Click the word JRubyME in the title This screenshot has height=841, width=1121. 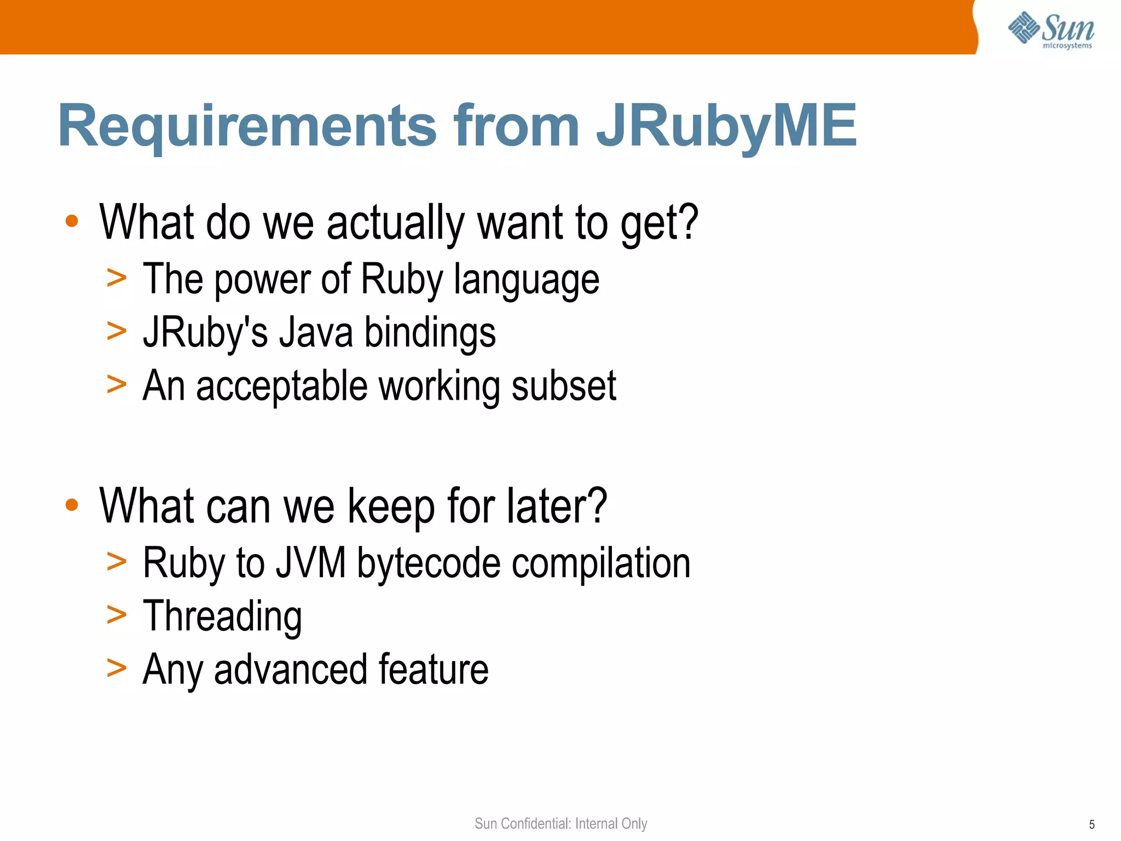(726, 127)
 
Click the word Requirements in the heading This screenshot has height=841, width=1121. (247, 127)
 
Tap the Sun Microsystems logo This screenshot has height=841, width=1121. (1051, 30)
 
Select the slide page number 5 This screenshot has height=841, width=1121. (1091, 825)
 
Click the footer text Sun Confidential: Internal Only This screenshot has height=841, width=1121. (560, 823)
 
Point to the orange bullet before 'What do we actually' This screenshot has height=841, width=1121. (72, 221)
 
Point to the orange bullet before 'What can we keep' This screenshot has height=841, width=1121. (72, 504)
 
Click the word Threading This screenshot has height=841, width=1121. (222, 616)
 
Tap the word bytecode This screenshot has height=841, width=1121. (429, 563)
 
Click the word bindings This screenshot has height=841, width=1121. (430, 333)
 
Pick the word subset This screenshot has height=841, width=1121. (564, 386)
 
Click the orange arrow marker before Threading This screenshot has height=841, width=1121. (117, 614)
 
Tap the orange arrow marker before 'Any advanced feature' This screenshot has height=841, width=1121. (117, 668)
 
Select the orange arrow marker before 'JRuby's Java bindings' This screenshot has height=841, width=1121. (117, 331)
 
